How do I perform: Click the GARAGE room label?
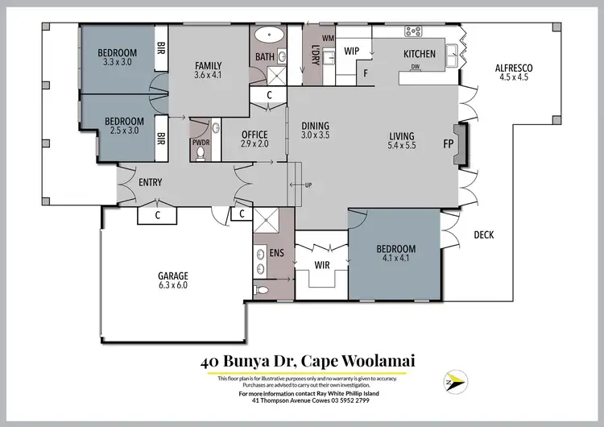click(x=173, y=276)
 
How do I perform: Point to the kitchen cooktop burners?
click(x=414, y=31)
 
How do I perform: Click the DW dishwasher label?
click(x=416, y=67)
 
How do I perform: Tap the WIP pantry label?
click(x=351, y=51)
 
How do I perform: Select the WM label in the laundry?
click(x=328, y=38)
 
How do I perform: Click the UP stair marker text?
click(x=307, y=185)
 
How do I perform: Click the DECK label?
click(x=484, y=235)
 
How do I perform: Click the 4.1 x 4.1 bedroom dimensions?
click(x=395, y=259)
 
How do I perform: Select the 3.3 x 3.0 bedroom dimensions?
click(x=118, y=64)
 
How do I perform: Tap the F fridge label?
click(x=366, y=73)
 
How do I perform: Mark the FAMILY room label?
click(x=208, y=66)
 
